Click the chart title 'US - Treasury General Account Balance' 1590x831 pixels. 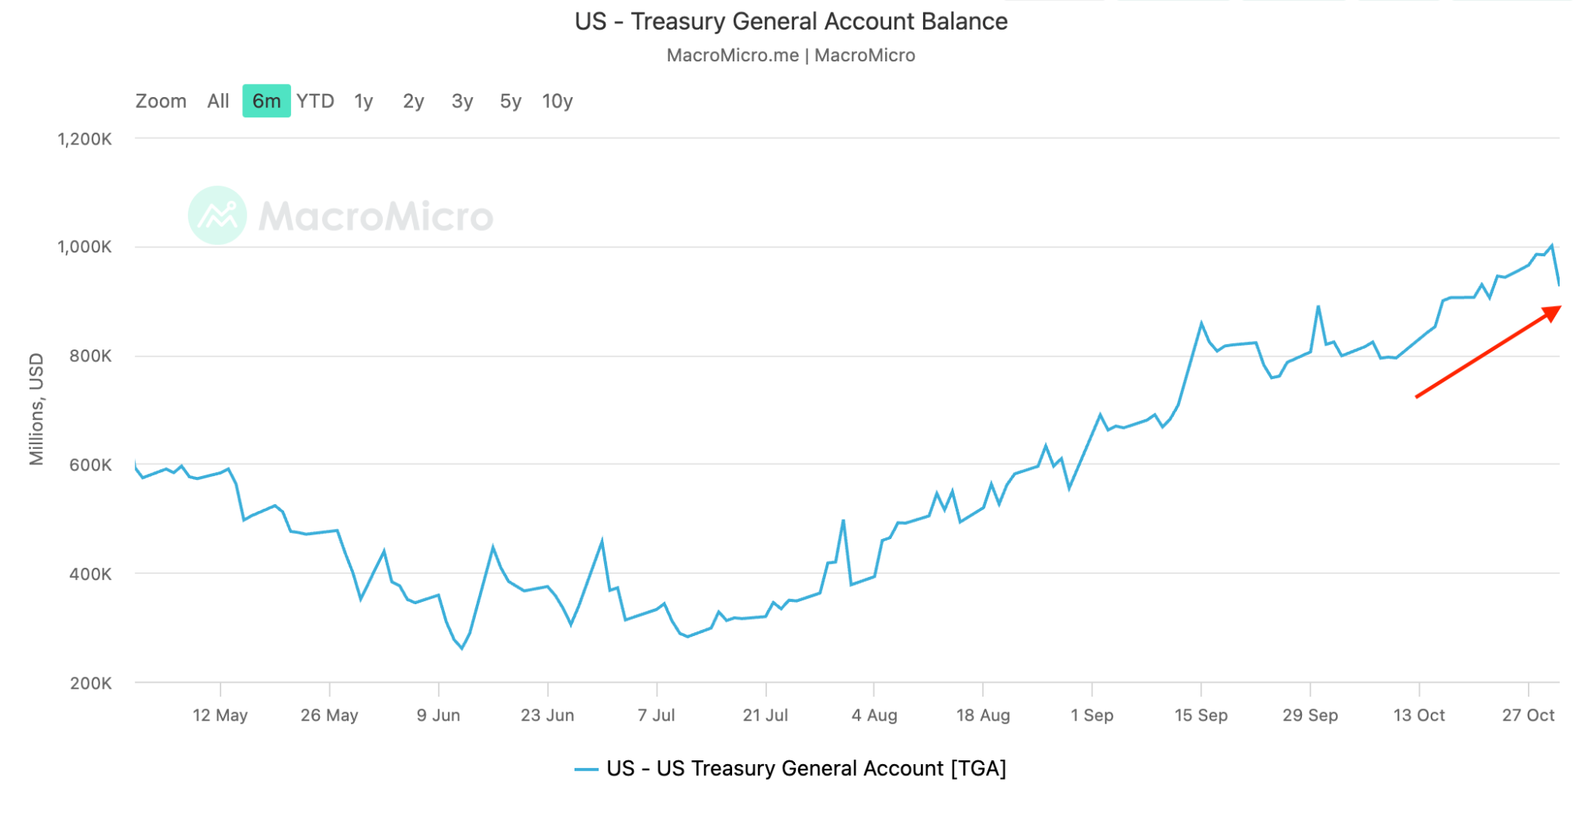click(x=790, y=22)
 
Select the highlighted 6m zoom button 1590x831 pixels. click(x=266, y=101)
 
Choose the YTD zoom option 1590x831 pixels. click(x=315, y=101)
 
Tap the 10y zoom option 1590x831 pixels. click(x=557, y=101)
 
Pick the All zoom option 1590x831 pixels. click(x=218, y=101)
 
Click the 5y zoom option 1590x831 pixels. click(x=510, y=101)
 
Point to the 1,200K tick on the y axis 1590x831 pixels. click(x=85, y=139)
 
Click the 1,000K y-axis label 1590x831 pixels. click(x=85, y=247)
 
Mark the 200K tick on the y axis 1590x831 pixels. click(x=91, y=683)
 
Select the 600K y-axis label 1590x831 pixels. click(x=91, y=465)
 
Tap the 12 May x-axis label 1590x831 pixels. click(x=220, y=715)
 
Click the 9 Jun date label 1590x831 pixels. click(x=438, y=715)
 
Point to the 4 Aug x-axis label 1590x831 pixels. click(x=874, y=715)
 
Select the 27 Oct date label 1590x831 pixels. click(x=1528, y=715)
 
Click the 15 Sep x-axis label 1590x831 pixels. click(x=1201, y=715)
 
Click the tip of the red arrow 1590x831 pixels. click(x=1559, y=308)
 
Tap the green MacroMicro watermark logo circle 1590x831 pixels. click(x=217, y=215)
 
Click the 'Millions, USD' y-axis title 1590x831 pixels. click(x=36, y=409)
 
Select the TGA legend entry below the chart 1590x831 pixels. click(x=790, y=769)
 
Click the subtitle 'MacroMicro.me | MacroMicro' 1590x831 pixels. click(x=790, y=55)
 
